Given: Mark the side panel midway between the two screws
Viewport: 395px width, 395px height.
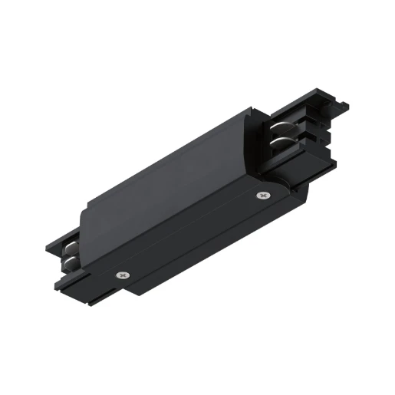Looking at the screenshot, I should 192,234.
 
